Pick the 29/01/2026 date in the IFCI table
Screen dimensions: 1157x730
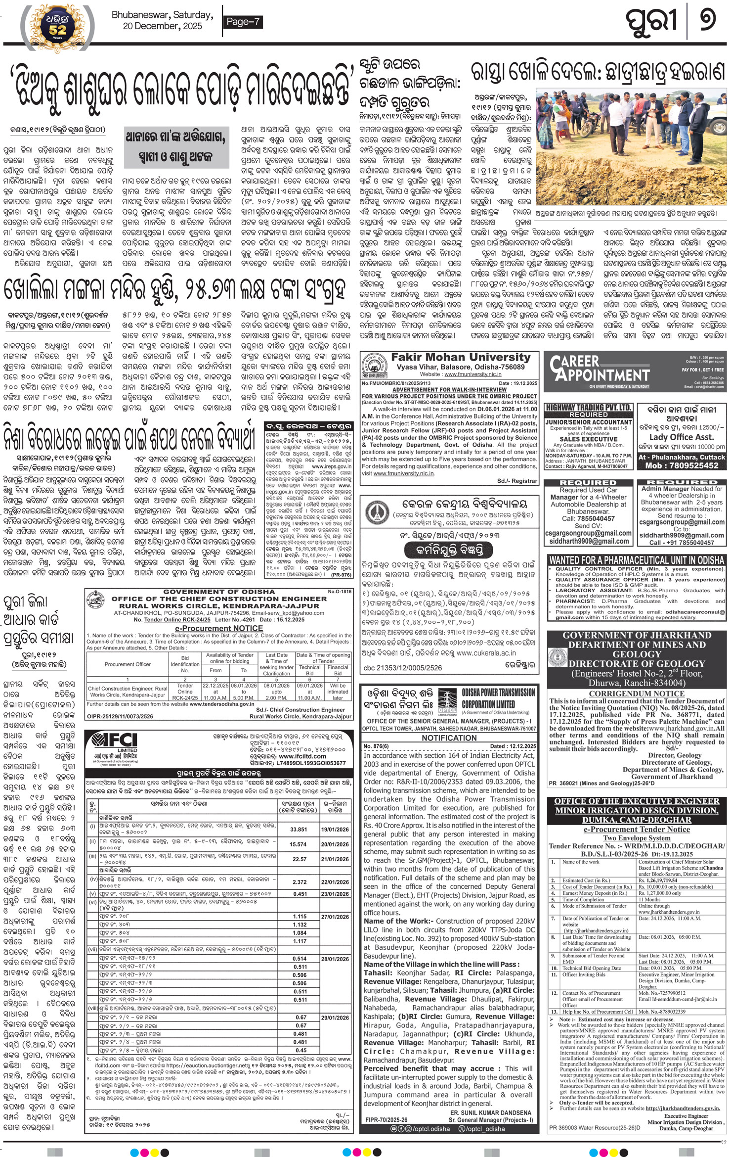[x=335, y=1018]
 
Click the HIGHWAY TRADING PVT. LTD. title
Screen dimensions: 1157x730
[x=588, y=408]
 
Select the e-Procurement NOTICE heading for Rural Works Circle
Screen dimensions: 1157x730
[x=218, y=628]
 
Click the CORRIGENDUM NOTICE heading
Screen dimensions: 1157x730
[x=637, y=694]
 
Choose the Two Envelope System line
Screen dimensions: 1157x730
[x=637, y=837]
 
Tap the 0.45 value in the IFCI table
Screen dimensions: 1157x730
[x=301, y=1050]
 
